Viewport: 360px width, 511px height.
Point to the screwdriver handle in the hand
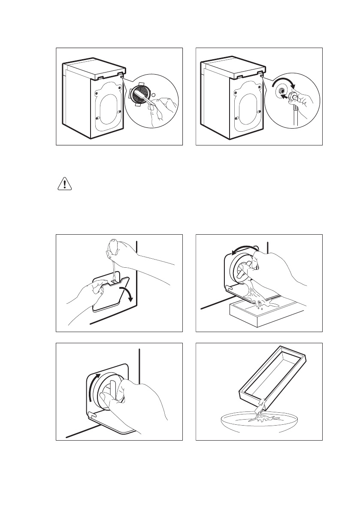point(112,246)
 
